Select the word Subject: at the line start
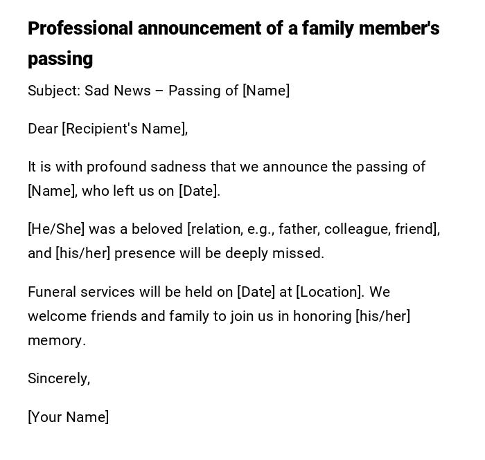coord(54,91)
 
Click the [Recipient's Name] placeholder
coord(125,129)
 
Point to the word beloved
coord(157,229)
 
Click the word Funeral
coord(52,292)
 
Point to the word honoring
coord(322,316)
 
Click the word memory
coord(55,341)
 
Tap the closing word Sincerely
coord(58,378)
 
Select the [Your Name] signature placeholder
coord(68,417)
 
